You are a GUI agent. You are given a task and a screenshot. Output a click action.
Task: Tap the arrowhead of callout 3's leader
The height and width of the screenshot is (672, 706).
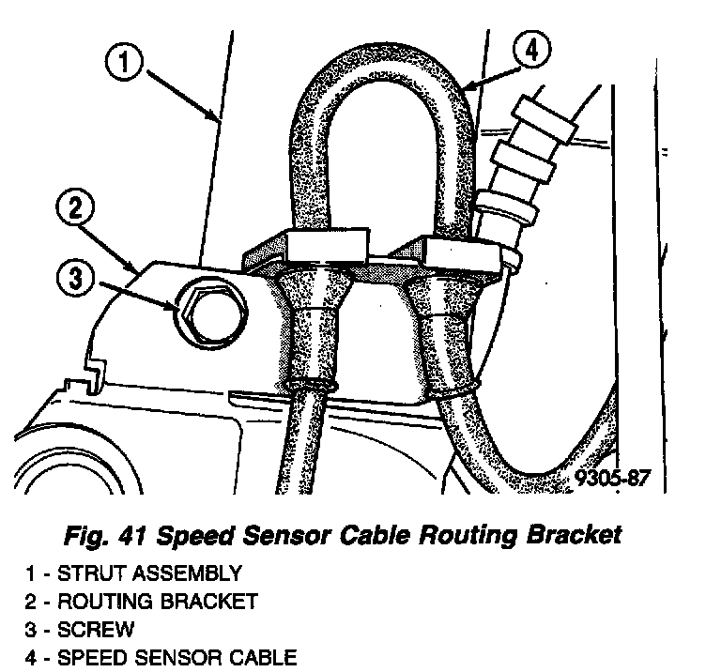(176, 306)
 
